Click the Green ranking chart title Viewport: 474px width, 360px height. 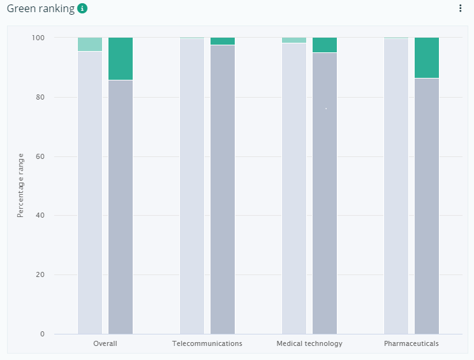(41, 9)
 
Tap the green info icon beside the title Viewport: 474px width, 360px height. (82, 8)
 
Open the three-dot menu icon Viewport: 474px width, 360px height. (460, 8)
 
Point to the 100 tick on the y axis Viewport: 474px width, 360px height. (38, 38)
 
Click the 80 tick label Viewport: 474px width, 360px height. (40, 97)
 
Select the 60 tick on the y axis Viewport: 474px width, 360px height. (40, 156)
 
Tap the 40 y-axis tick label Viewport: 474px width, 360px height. (40, 215)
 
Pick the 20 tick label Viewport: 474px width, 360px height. (40, 274)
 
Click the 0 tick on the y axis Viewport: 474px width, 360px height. (42, 334)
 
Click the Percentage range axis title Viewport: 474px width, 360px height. (20, 186)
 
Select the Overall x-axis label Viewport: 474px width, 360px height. (105, 343)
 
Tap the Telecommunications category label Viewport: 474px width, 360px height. (207, 343)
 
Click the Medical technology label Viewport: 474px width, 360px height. (309, 344)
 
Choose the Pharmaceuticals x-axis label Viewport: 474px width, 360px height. (411, 343)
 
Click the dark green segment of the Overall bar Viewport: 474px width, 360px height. (121, 59)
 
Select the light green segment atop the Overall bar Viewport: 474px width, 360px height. (90, 45)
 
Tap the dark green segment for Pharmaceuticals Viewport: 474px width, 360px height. (427, 58)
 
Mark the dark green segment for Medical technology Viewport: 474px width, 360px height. (325, 45)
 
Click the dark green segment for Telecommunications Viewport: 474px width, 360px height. (223, 41)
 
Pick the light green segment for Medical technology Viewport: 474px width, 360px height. (294, 40)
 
